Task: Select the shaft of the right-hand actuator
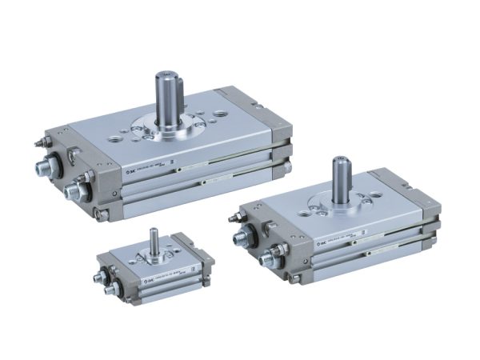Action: tap(339, 181)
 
